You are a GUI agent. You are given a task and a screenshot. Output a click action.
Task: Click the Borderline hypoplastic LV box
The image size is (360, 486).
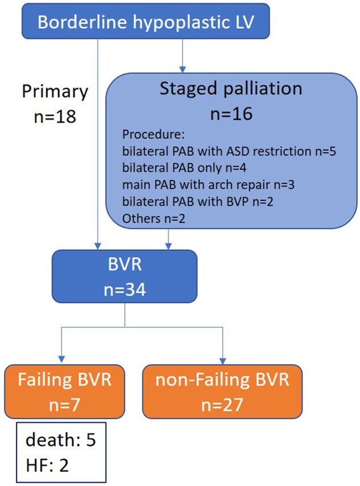pos(146,21)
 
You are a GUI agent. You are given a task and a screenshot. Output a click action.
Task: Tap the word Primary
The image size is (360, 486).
pos(55,92)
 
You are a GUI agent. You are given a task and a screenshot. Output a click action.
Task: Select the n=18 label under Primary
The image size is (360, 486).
pos(55,117)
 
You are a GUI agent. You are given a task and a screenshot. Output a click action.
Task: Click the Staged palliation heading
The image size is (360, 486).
pos(231,89)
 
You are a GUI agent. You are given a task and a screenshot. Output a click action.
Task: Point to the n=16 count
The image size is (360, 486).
pos(231,114)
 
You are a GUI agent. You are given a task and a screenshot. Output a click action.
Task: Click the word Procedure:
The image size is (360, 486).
pos(154,135)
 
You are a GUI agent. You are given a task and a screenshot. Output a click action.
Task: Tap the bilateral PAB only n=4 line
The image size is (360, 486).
pos(184,168)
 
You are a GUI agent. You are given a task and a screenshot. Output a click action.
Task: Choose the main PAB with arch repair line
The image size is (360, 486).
pos(208,185)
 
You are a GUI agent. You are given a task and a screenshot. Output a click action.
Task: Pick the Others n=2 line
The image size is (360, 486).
pos(154,218)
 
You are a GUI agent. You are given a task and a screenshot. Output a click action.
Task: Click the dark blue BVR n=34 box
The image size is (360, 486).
pos(125,276)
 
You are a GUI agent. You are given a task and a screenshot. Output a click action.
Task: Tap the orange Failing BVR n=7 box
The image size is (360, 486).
pos(64,392)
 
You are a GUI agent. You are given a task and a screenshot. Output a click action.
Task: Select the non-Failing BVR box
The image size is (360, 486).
pos(222,392)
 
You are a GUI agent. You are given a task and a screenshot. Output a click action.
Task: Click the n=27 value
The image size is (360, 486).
pos(222,405)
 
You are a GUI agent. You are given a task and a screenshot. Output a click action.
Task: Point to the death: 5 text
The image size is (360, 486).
pos(60,439)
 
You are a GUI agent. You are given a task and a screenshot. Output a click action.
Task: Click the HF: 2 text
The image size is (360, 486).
pos(47,465)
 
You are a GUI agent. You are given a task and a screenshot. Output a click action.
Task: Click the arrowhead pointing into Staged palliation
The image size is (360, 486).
pos(183,69)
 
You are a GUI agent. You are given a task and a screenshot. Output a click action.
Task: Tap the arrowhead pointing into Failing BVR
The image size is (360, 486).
pos(61,359)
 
